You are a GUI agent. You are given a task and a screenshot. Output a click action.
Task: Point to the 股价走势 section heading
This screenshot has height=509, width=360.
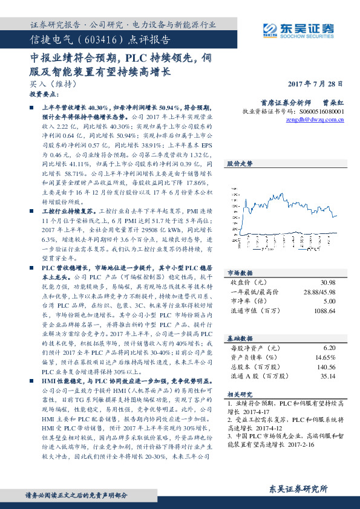click(x=240, y=163)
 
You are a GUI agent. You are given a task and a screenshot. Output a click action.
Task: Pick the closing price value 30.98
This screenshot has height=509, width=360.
click(x=329, y=283)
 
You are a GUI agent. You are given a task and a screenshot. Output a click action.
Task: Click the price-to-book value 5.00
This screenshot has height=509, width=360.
click(x=329, y=301)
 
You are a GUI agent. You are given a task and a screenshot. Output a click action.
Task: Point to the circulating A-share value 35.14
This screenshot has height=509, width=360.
click(x=327, y=375)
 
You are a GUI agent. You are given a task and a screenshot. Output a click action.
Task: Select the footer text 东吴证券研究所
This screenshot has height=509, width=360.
click(x=298, y=488)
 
